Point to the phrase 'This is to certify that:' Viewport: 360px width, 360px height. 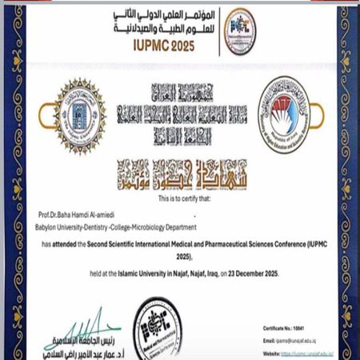pyautogui.click(x=180, y=197)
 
